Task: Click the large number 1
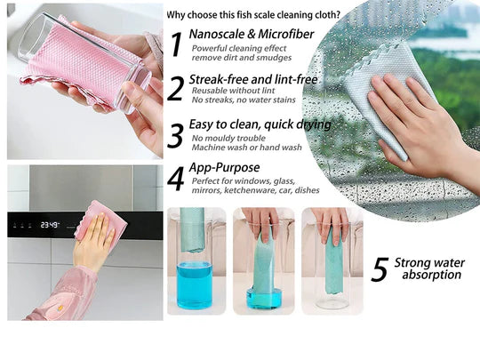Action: pyautogui.click(x=176, y=44)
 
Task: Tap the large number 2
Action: pyautogui.click(x=176, y=89)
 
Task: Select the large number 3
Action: pyautogui.click(x=176, y=136)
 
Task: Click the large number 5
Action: pyautogui.click(x=380, y=269)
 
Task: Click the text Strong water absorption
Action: pyautogui.click(x=429, y=268)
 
